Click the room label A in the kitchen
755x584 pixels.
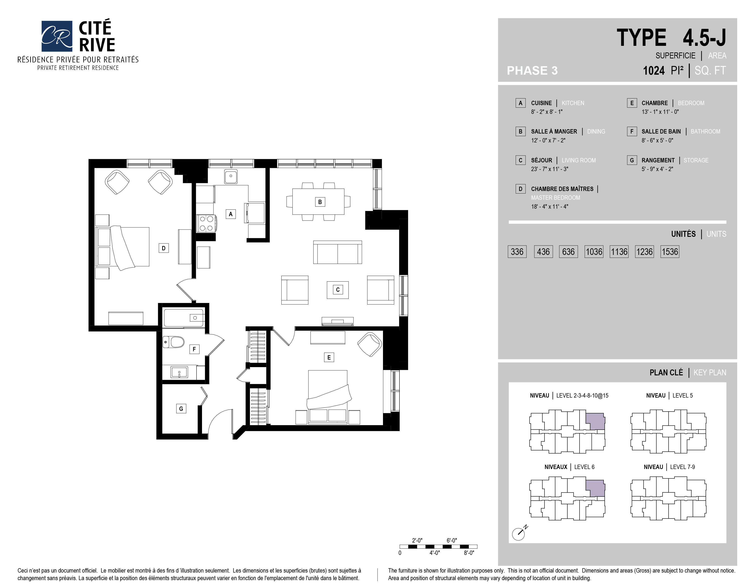(x=231, y=214)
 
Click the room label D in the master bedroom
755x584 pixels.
(x=164, y=248)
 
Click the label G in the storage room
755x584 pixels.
(x=181, y=409)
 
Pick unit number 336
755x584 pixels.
(x=517, y=251)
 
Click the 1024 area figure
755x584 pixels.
(x=653, y=71)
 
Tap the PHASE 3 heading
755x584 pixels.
(x=532, y=71)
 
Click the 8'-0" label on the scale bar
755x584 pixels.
(x=469, y=553)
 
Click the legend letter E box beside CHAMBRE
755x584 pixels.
(x=632, y=103)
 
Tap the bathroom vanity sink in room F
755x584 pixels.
(x=179, y=372)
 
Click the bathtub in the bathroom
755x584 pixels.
(x=184, y=318)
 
